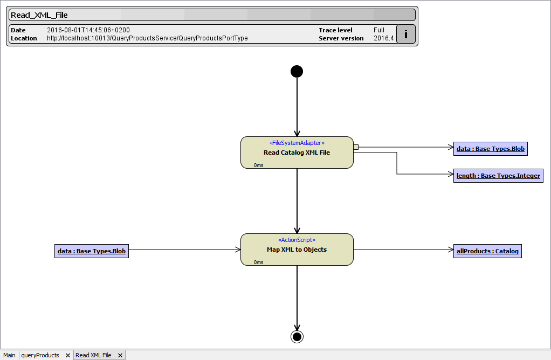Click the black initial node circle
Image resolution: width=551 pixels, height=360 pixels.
point(297,71)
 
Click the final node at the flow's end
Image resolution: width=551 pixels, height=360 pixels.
point(297,337)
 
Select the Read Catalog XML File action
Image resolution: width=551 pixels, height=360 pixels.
point(297,153)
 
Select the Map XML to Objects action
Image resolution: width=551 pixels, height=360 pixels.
point(297,250)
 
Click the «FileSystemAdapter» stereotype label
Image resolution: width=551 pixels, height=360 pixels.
point(297,143)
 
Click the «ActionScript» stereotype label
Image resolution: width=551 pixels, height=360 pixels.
point(297,240)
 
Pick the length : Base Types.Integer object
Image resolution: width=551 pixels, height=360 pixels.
point(498,176)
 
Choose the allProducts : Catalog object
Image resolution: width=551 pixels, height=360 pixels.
point(487,251)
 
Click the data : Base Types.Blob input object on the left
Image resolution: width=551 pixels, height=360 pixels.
point(92,251)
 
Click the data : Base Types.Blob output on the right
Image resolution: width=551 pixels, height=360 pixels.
point(490,149)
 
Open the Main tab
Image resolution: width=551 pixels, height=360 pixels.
point(9,355)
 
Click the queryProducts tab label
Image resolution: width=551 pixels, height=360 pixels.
point(40,355)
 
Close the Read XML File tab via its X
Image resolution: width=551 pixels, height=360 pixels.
point(120,355)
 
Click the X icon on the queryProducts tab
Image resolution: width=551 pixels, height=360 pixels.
point(68,355)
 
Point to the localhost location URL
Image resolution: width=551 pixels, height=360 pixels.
point(147,38)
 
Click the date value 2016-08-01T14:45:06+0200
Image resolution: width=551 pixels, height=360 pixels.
point(88,30)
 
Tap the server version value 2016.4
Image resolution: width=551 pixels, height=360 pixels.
point(383,38)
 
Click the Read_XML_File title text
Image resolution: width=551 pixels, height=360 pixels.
point(39,15)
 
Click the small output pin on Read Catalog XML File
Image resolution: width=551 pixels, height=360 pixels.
point(356,147)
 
